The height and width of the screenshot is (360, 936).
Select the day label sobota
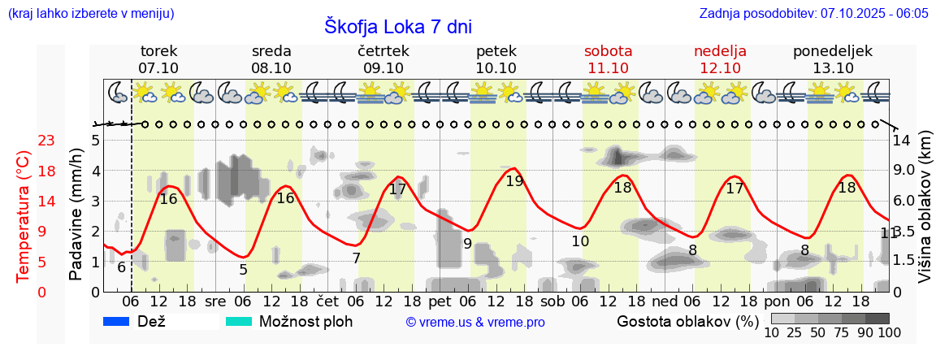(x=608, y=51)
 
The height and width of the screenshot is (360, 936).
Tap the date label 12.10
(x=720, y=68)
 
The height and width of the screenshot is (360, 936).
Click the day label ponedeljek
(x=833, y=51)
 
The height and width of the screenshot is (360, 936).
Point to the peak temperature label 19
(x=514, y=181)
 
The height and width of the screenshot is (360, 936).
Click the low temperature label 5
(x=243, y=269)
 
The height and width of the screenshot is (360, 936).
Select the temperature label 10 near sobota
(x=580, y=241)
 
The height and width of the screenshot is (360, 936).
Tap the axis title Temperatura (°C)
(x=24, y=217)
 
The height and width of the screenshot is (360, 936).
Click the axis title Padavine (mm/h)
(x=76, y=215)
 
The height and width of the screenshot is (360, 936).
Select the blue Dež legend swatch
(x=117, y=322)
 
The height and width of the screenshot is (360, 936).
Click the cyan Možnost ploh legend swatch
(x=239, y=322)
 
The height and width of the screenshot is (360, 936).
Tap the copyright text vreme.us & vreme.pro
(x=475, y=323)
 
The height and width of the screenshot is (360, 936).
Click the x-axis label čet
(x=327, y=301)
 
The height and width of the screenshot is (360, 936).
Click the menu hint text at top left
(x=90, y=14)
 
